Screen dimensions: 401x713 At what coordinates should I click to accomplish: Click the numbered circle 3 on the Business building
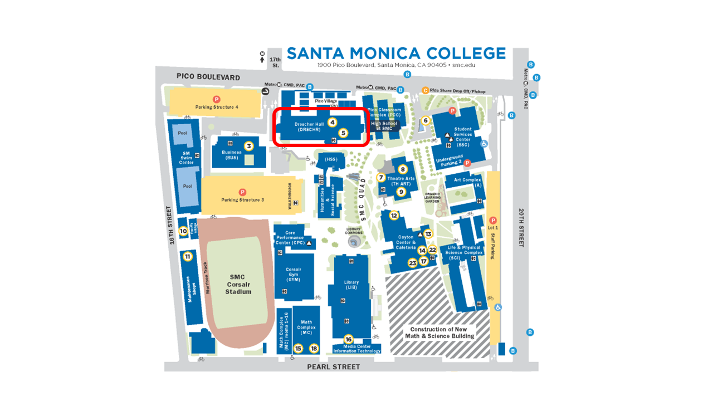pos(249,146)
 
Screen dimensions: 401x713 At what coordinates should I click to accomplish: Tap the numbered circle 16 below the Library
pos(349,339)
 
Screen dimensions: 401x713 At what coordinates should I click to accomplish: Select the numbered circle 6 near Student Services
pos(426,120)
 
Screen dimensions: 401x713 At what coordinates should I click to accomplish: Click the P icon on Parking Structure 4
pos(217,99)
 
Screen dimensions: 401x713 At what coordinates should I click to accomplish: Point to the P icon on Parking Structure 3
pos(242,192)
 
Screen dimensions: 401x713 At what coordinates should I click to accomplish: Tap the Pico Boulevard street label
pos(208,77)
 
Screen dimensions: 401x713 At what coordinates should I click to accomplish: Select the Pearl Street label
pos(334,367)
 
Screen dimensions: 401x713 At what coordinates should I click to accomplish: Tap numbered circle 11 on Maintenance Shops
pos(188,257)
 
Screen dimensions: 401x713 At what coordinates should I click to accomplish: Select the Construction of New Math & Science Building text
pos(439,332)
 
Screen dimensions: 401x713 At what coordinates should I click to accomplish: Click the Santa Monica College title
pos(396,53)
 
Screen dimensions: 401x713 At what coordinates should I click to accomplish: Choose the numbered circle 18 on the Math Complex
pos(314,348)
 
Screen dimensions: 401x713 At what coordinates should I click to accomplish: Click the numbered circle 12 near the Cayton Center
pos(394,216)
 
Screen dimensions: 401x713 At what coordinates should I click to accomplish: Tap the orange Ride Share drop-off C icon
pos(426,90)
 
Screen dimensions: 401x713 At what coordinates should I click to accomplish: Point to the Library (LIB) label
pos(351,285)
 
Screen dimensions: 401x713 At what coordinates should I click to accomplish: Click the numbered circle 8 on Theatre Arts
pos(403,169)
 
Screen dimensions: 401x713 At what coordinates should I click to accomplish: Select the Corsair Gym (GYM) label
pos(294,274)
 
